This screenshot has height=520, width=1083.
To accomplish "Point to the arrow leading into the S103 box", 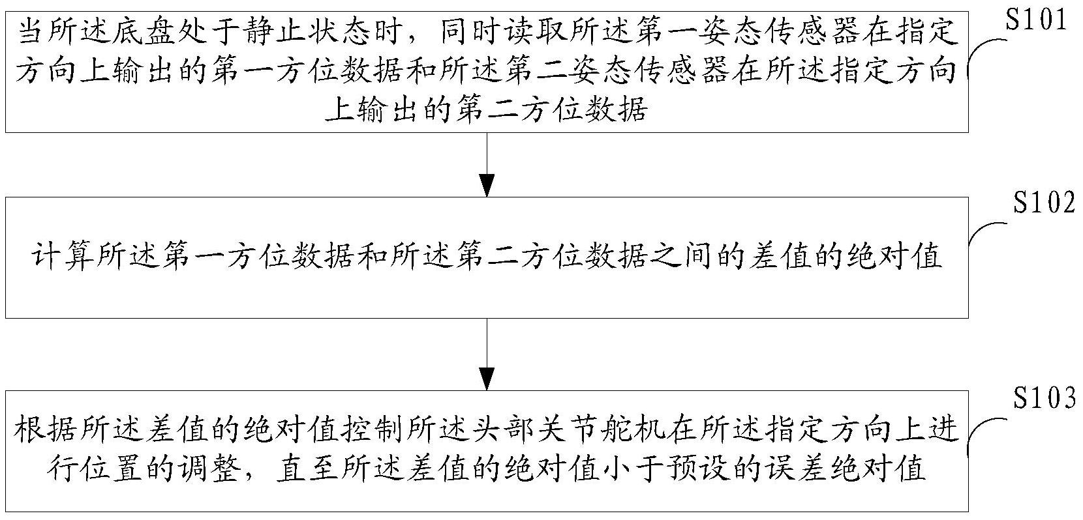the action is tap(487, 354).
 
